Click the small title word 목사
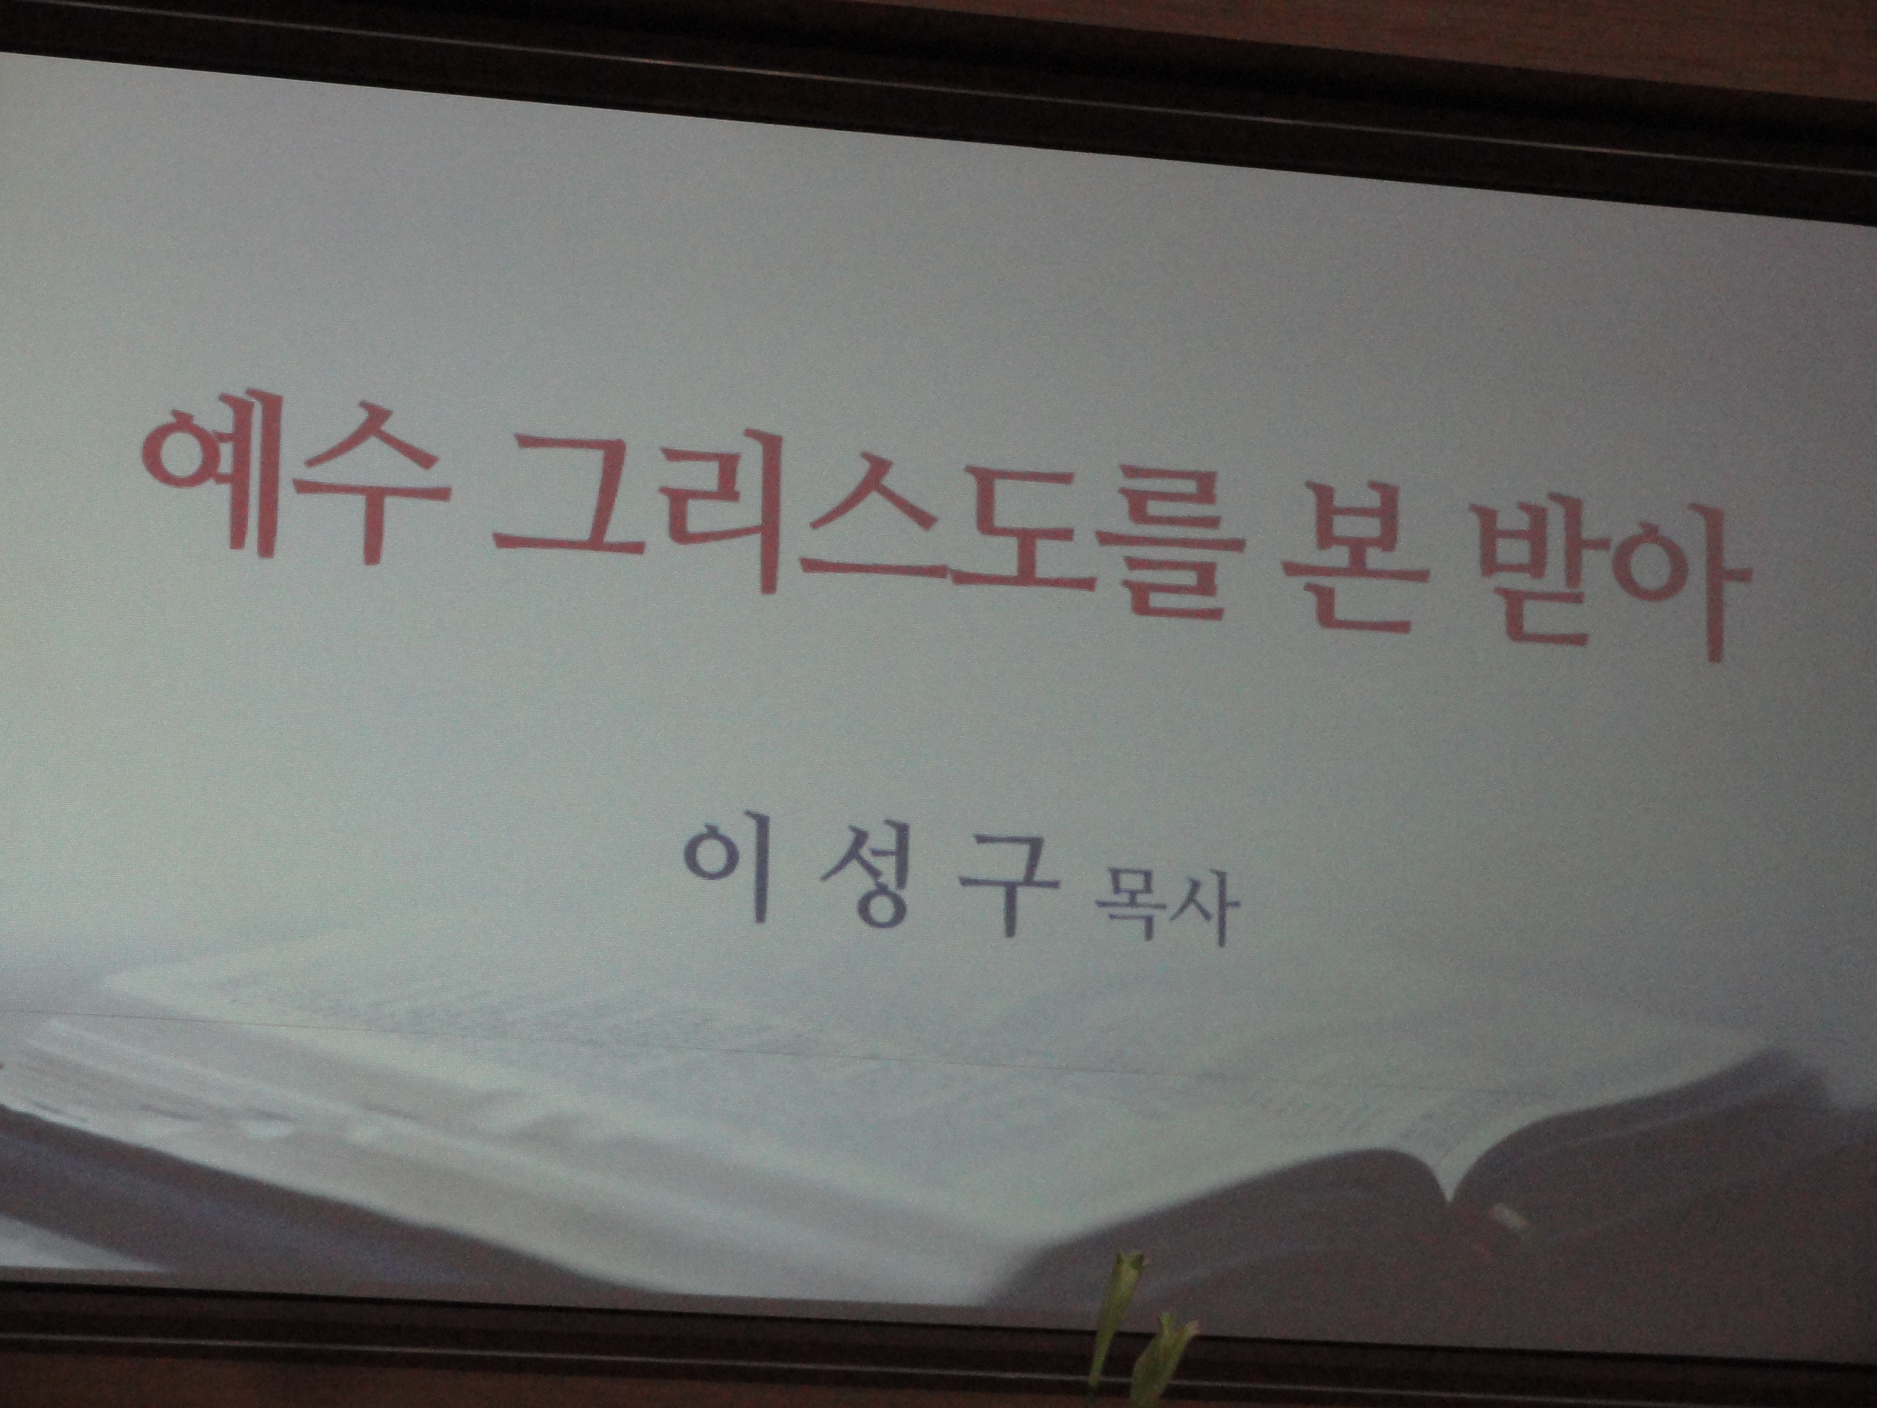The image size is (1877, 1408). click(x=1161, y=918)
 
